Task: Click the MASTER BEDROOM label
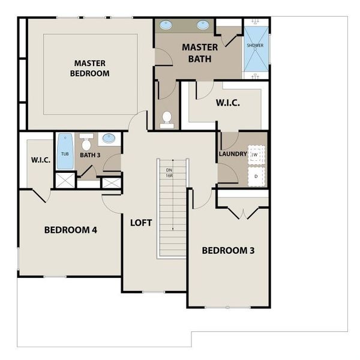pyautogui.click(x=90, y=68)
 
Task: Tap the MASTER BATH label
pyautogui.click(x=200, y=53)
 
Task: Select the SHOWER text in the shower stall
pyautogui.click(x=255, y=46)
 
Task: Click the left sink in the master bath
pyautogui.click(x=166, y=25)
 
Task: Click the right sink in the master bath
pyautogui.click(x=203, y=25)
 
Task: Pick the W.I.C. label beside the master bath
pyautogui.click(x=228, y=103)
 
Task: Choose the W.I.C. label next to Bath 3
pyautogui.click(x=41, y=160)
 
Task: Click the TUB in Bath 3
pyautogui.click(x=65, y=151)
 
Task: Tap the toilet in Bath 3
pyautogui.click(x=86, y=142)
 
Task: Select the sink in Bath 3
pyautogui.click(x=109, y=138)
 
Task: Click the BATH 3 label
pyautogui.click(x=90, y=155)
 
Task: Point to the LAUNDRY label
pyautogui.click(x=233, y=154)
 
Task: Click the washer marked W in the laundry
pyautogui.click(x=256, y=155)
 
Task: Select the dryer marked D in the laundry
pyautogui.click(x=256, y=176)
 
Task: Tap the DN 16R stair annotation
pyautogui.click(x=169, y=173)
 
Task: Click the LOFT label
pyautogui.click(x=141, y=223)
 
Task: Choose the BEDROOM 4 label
pyautogui.click(x=71, y=230)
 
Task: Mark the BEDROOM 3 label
pyautogui.click(x=228, y=250)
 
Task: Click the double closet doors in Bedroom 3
pyautogui.click(x=243, y=214)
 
